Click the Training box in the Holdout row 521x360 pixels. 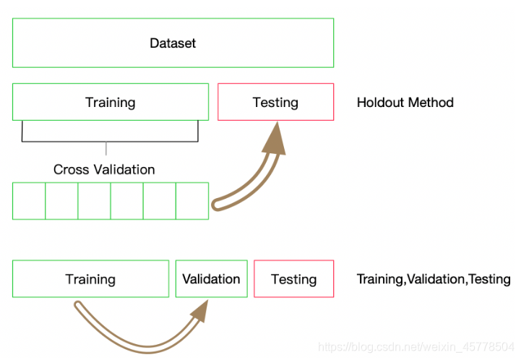[x=111, y=102]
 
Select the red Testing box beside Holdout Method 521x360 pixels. [x=275, y=102]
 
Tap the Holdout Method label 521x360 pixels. [x=405, y=102]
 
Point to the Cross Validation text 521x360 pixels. [x=104, y=170]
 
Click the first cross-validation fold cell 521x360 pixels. [x=29, y=200]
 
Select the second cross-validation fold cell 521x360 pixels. [x=61, y=200]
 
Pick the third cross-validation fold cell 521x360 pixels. [x=94, y=200]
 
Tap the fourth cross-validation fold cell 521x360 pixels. [x=126, y=200]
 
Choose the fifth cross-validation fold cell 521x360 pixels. [x=159, y=200]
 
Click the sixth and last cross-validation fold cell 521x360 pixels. [x=191, y=200]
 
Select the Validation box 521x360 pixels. [x=211, y=279]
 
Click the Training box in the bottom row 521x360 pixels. [x=90, y=279]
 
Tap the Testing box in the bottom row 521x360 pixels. [x=294, y=279]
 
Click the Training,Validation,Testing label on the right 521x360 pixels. [x=434, y=279]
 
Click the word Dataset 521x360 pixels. [x=173, y=43]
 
